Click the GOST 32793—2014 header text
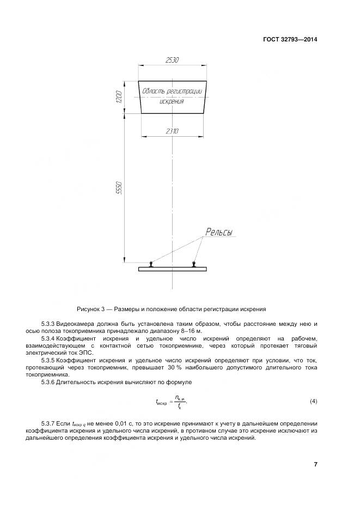tap(290, 39)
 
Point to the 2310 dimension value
tap(172, 131)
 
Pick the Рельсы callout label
tap(218, 233)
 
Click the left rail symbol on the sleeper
tap(151, 264)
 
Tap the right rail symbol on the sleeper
tap(194, 264)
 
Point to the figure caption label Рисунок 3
tap(91, 309)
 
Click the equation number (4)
tap(313, 402)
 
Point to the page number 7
tap(315, 464)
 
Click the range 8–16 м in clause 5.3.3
tap(184, 331)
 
